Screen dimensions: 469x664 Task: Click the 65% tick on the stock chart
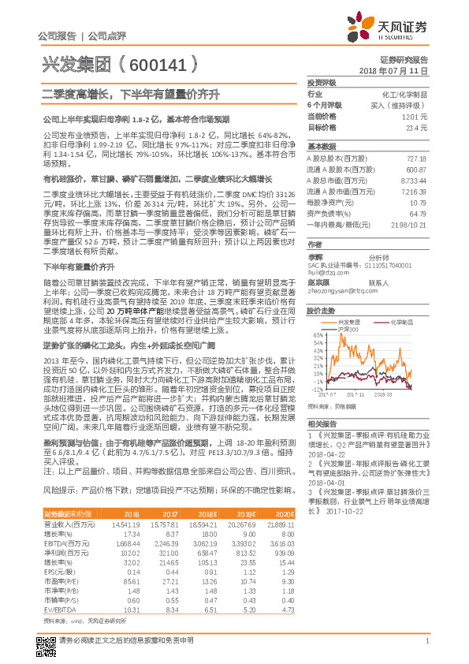[315, 334]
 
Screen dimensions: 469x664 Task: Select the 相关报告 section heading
[322, 423]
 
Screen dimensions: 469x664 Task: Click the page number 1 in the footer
[426, 648]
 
